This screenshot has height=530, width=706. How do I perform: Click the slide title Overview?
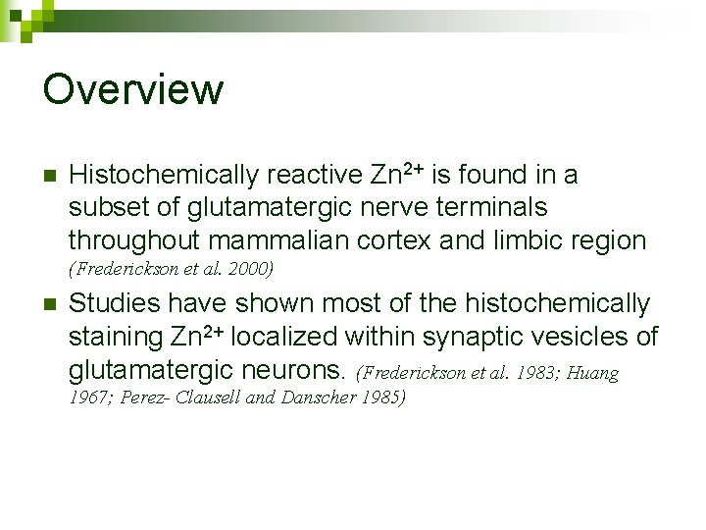pos(133,89)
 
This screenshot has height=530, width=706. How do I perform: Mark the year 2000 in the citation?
pos(250,268)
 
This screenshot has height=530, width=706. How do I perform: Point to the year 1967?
pos(88,398)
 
